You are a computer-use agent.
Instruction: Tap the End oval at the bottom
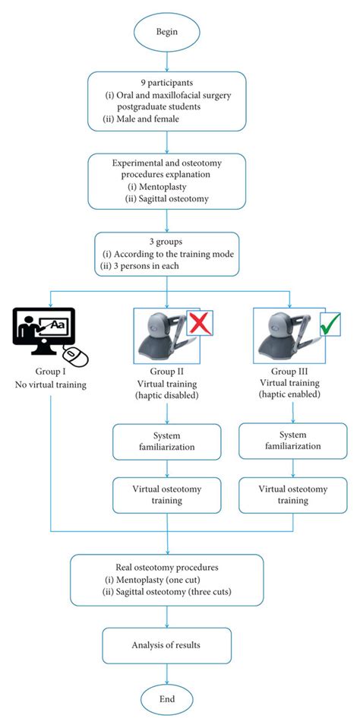(167, 698)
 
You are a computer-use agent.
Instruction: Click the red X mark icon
(200, 322)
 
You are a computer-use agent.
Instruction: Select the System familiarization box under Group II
(167, 442)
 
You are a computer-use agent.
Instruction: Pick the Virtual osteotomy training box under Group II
(167, 495)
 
